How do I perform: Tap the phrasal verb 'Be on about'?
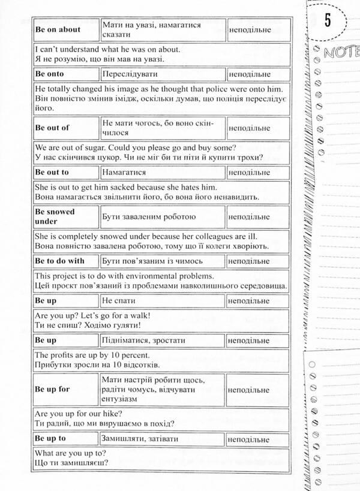click(58, 29)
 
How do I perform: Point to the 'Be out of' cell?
click(53, 128)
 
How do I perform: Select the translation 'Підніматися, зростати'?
click(143, 340)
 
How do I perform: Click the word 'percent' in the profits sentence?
click(129, 354)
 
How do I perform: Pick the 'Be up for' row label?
click(53, 389)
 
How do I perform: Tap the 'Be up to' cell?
click(50, 439)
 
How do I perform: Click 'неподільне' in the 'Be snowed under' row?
click(248, 216)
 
